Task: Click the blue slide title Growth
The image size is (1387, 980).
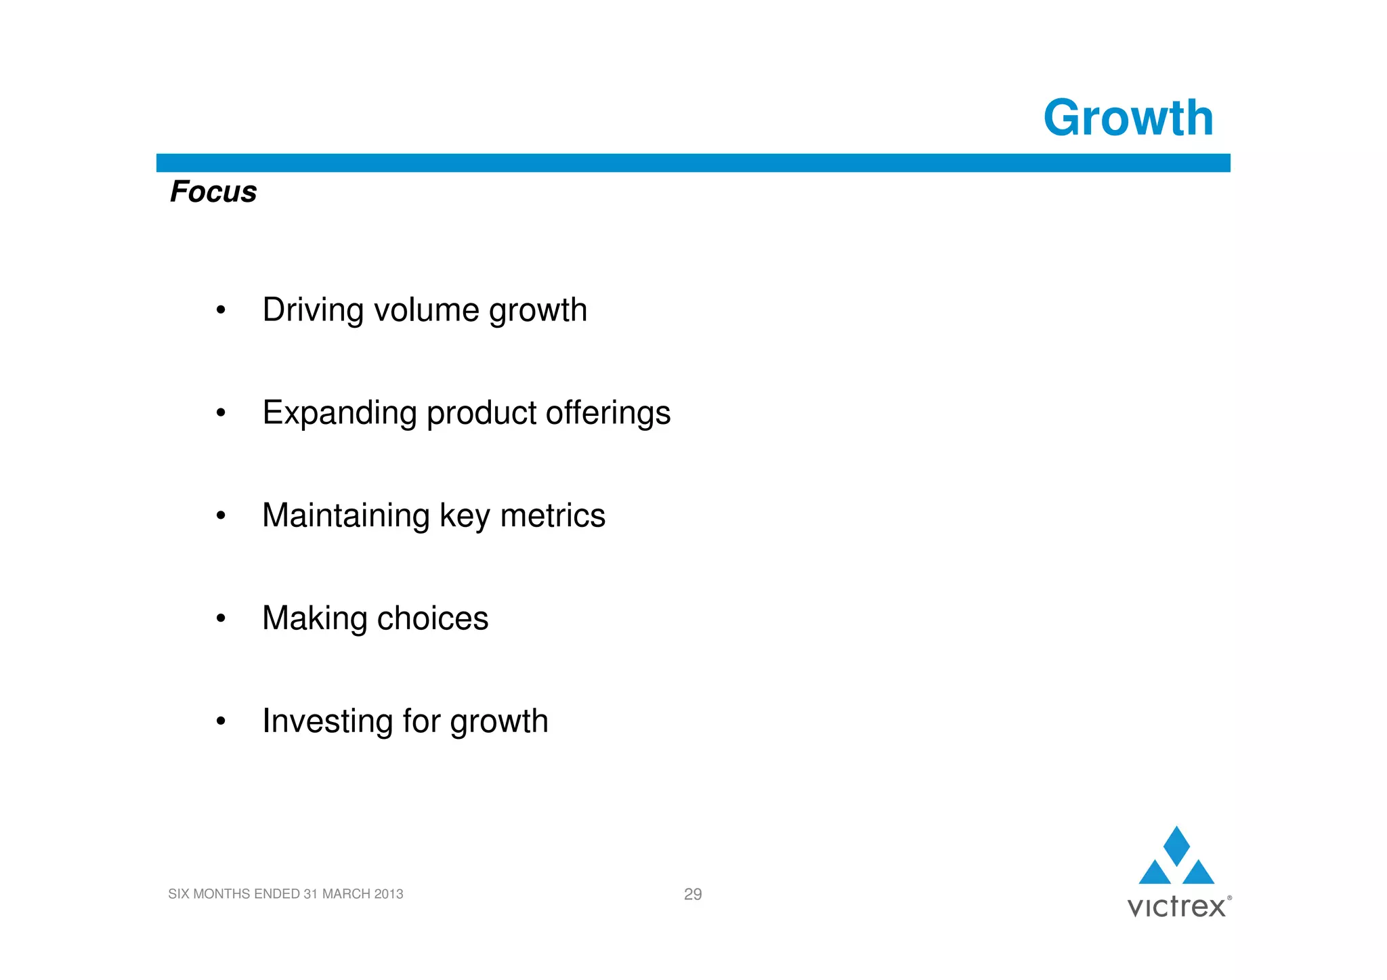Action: (x=1128, y=119)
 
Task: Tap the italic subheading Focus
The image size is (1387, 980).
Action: (x=213, y=192)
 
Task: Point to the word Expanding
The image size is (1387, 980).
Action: (x=339, y=413)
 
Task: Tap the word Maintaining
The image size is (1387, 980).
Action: (x=345, y=515)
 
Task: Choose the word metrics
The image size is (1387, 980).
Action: (x=552, y=515)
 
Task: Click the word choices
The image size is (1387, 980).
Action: (x=432, y=618)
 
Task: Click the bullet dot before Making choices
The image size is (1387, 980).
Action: (x=220, y=618)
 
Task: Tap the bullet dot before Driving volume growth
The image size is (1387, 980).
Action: (x=220, y=311)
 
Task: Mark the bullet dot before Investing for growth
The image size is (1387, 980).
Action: (x=220, y=721)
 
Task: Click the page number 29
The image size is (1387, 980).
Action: (x=693, y=894)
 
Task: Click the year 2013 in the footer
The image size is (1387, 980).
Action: (x=388, y=894)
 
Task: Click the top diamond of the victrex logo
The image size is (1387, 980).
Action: (x=1176, y=845)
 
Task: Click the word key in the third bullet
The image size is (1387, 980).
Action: (x=465, y=515)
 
